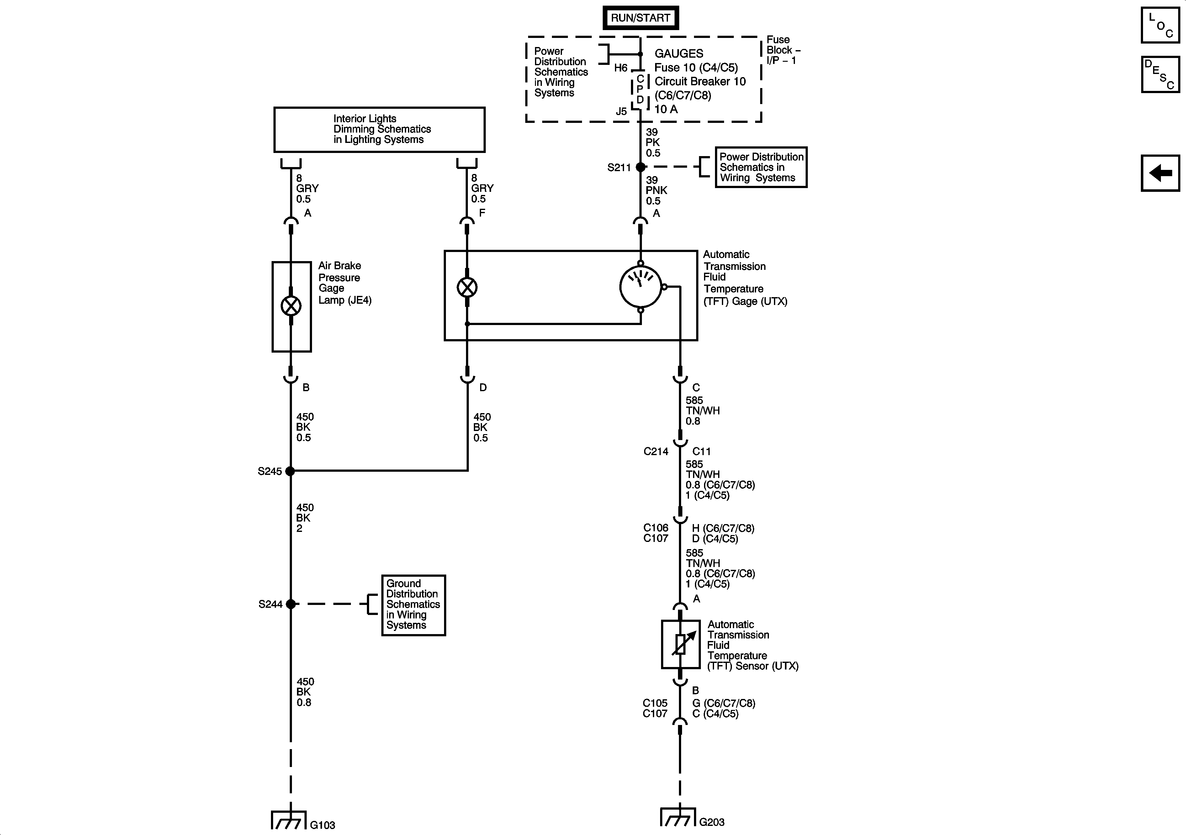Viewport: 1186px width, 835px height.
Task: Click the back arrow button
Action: point(1160,173)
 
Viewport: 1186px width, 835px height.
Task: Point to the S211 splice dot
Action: point(641,167)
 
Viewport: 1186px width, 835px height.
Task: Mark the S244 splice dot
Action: point(291,604)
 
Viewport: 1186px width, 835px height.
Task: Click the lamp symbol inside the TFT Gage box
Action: point(467,287)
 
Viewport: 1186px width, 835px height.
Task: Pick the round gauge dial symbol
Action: point(641,286)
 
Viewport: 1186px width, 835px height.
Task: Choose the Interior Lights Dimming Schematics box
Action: point(379,129)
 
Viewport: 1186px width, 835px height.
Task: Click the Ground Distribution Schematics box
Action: point(413,605)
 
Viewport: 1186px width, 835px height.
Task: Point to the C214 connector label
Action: point(655,451)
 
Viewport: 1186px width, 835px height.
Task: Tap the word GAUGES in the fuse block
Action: point(679,54)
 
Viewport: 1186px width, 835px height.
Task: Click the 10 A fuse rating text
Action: point(666,109)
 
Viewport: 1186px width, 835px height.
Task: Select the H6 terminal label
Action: point(620,68)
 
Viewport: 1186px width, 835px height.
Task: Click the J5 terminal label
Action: point(621,111)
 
